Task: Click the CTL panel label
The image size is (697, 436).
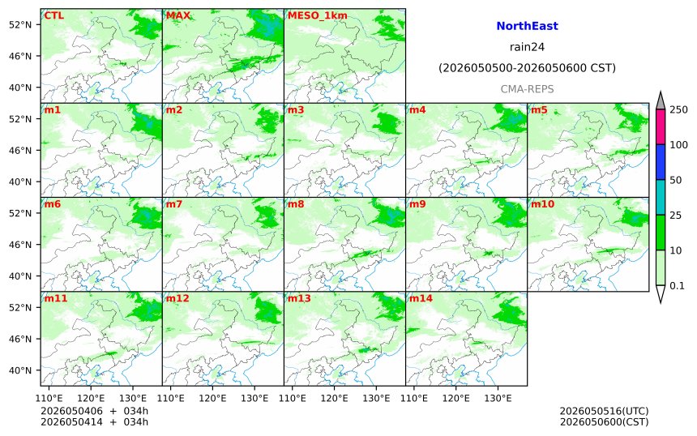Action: click(53, 15)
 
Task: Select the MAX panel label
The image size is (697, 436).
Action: click(177, 15)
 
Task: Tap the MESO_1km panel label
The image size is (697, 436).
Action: click(318, 15)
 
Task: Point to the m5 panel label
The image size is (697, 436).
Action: click(539, 109)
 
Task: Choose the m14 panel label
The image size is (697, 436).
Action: click(421, 298)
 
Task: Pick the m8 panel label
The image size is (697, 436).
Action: click(296, 204)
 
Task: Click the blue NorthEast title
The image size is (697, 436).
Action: click(527, 26)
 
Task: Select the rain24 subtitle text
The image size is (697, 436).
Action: click(527, 47)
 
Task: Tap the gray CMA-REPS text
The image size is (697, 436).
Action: click(527, 89)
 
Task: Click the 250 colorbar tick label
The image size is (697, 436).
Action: click(679, 109)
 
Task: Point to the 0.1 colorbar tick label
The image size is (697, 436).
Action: click(677, 286)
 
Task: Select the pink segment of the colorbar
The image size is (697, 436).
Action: click(661, 126)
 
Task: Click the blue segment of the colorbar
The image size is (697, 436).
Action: click(661, 162)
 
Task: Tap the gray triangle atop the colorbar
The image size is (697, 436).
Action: click(661, 100)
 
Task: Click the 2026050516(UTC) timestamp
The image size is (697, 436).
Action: click(604, 411)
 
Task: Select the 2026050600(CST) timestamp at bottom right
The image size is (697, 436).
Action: click(604, 421)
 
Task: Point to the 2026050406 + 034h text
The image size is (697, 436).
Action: click(94, 411)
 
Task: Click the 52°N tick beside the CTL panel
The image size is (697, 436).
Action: click(20, 24)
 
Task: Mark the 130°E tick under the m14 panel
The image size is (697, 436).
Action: click(498, 398)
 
